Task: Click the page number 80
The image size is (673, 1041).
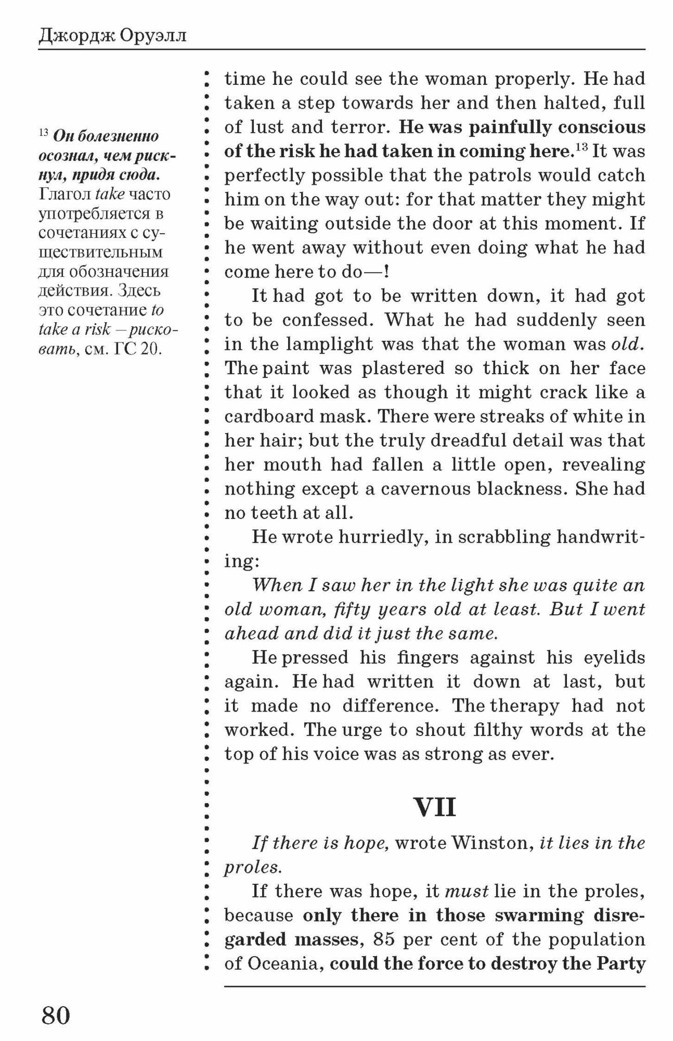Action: (x=56, y=1015)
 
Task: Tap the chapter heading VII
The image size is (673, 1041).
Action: (x=435, y=807)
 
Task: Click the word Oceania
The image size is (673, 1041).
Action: (x=284, y=963)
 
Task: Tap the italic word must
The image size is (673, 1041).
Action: (x=467, y=891)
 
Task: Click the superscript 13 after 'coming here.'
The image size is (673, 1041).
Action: (x=581, y=148)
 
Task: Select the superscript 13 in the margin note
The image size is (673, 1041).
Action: (x=43, y=133)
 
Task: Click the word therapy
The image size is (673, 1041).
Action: (x=524, y=706)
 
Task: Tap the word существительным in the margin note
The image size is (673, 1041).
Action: (x=101, y=252)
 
